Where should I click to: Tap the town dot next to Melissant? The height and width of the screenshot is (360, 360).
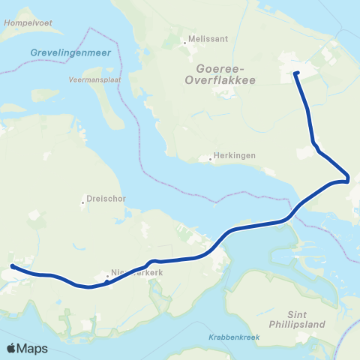point(185,43)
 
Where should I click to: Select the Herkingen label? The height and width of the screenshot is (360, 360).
point(235,156)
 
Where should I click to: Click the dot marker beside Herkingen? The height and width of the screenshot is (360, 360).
point(211,158)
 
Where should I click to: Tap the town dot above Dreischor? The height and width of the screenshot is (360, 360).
point(82,202)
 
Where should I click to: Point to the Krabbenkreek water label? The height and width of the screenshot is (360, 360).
point(234,337)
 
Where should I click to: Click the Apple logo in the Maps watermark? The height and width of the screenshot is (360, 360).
point(13,348)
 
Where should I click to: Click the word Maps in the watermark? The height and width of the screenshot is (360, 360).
point(33,348)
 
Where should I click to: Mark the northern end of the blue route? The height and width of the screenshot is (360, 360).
point(296,73)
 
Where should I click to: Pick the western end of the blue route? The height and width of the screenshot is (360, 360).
point(13,265)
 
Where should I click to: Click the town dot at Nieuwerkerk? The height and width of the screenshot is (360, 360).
point(106,280)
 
